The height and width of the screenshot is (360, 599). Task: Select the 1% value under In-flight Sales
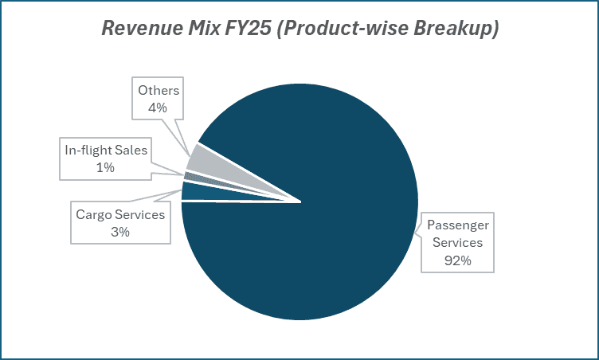point(105,167)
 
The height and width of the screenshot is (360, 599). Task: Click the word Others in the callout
point(159,90)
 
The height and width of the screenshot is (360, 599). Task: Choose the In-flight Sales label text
point(105,150)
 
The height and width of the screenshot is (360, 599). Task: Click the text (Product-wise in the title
point(340,28)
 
